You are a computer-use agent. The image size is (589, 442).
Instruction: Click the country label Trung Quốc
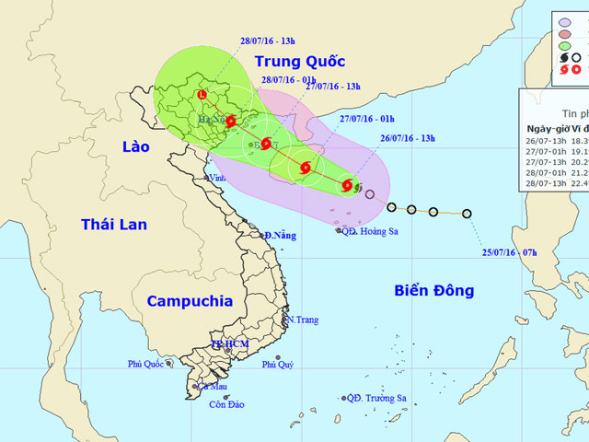[x=299, y=64]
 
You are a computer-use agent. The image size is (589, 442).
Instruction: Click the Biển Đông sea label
[x=433, y=291]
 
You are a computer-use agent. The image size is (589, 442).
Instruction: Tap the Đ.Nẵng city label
[x=281, y=236]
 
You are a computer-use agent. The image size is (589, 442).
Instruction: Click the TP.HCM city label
[x=230, y=344]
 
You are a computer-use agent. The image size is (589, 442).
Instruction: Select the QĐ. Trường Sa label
[x=376, y=398]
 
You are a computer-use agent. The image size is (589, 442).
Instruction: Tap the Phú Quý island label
[x=278, y=365]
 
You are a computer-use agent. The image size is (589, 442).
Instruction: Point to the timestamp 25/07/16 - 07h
[x=512, y=250]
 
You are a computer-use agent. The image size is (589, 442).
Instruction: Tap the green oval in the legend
[x=570, y=42]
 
